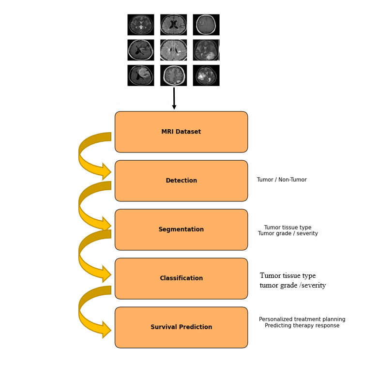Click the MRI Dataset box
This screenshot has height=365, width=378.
pos(181,132)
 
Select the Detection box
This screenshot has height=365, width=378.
pos(181,181)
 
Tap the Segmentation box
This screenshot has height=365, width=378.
pos(181,229)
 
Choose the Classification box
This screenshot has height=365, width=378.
pos(181,278)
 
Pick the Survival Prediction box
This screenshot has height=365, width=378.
pos(181,327)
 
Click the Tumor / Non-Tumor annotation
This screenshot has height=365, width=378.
pos(282,180)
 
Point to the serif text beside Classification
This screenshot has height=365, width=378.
pos(292,280)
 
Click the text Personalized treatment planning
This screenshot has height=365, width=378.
pos(302,319)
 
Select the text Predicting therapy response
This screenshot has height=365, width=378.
pos(302,326)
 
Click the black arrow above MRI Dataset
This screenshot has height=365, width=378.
pos(174,98)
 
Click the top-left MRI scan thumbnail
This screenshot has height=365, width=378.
pos(141,25)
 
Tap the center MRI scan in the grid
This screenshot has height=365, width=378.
pos(174,50)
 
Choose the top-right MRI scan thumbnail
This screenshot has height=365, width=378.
pos(206,25)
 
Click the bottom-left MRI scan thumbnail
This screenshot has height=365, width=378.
pos(141,76)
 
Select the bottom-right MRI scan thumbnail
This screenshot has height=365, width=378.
pos(206,76)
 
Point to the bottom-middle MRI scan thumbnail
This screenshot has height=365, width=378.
pos(174,76)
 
